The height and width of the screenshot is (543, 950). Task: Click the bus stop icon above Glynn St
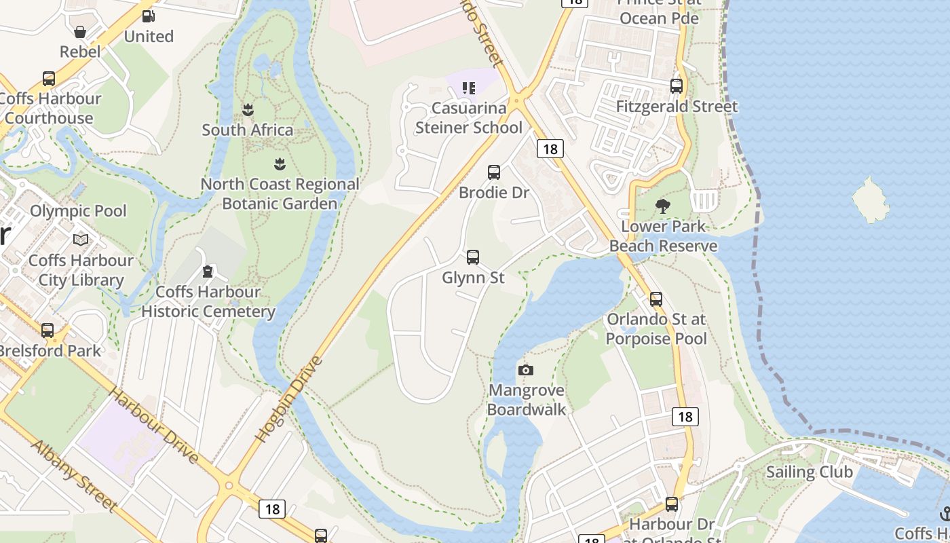(x=473, y=257)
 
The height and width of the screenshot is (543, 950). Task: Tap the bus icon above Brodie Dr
(x=494, y=172)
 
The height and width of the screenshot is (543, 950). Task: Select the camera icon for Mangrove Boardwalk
(x=525, y=370)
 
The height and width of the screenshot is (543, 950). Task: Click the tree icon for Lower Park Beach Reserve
(x=663, y=206)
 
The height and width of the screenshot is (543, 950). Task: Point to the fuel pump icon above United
(x=148, y=16)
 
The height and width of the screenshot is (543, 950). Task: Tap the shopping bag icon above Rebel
(x=80, y=32)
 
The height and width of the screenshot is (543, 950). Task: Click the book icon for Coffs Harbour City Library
(x=81, y=240)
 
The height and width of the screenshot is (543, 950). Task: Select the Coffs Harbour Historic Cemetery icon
(x=207, y=272)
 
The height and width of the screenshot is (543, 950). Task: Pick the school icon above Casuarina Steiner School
(x=468, y=88)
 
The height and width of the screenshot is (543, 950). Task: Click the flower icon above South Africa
(x=248, y=109)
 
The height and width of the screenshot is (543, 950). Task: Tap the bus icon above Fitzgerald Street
(x=677, y=86)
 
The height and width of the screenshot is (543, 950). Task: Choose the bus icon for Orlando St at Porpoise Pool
(x=656, y=299)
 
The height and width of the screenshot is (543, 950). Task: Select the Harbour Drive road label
(x=154, y=426)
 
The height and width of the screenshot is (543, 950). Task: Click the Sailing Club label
(x=809, y=472)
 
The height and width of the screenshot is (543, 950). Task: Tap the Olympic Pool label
(x=78, y=211)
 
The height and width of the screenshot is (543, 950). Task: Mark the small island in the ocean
(x=871, y=200)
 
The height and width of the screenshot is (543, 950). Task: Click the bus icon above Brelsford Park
(x=47, y=331)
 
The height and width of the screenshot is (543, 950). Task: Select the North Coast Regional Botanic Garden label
(x=280, y=193)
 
